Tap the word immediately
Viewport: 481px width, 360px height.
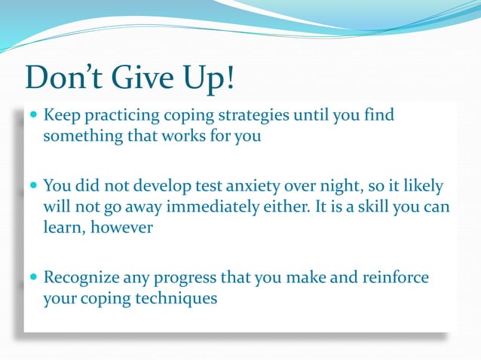click(230, 206)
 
